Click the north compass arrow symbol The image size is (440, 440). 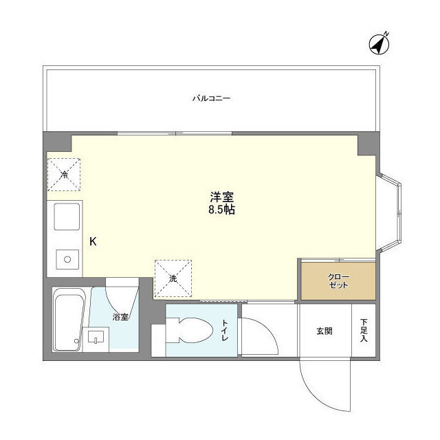[x=380, y=43]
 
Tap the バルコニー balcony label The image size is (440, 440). [x=211, y=98]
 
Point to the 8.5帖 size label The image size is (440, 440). [x=221, y=210]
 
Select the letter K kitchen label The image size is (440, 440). [x=93, y=241]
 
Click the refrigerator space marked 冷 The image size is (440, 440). [x=64, y=175]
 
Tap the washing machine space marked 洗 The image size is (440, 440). [x=173, y=278]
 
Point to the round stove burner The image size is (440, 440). [x=67, y=259]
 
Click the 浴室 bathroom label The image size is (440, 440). [x=121, y=317]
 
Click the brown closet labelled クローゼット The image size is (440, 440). [x=338, y=280]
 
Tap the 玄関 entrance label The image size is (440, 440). [x=324, y=331]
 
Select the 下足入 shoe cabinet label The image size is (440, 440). [x=364, y=331]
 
